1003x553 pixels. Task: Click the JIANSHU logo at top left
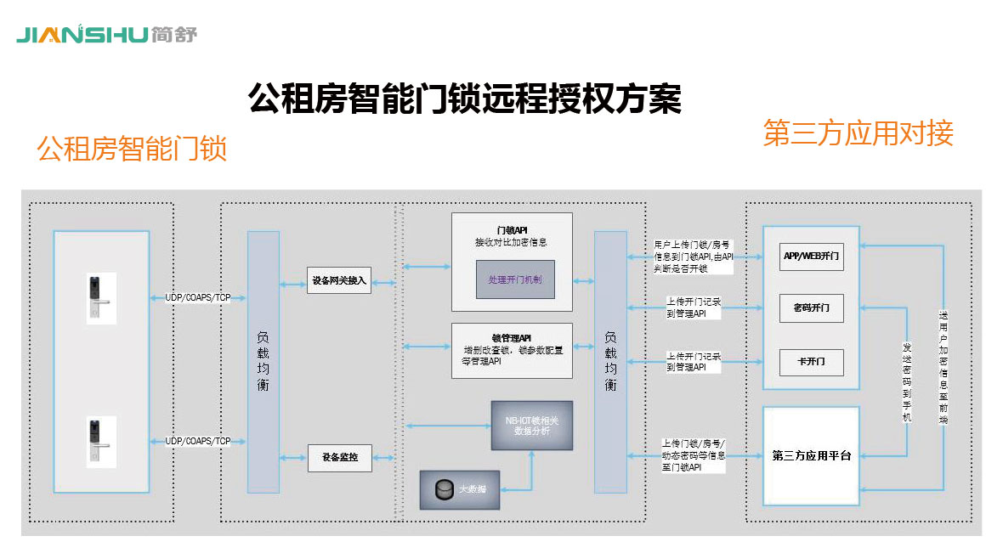click(106, 35)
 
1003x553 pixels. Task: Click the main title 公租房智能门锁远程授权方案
click(464, 99)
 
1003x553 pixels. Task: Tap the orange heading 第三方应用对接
click(858, 133)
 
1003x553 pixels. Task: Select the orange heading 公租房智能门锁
click(132, 150)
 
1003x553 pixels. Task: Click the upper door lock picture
click(101, 296)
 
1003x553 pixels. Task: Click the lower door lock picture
click(101, 441)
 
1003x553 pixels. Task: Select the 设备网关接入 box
click(339, 281)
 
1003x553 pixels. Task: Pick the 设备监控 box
click(339, 458)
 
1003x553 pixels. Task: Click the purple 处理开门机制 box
click(514, 279)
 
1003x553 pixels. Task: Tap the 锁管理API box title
click(512, 337)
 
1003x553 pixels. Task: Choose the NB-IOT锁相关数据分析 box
click(532, 426)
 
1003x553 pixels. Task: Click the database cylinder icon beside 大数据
click(441, 490)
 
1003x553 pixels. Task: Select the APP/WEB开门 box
click(811, 255)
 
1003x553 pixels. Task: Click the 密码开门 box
click(811, 308)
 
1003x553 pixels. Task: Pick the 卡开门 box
click(811, 363)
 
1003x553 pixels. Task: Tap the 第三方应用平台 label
click(811, 456)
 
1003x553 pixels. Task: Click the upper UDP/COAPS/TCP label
click(198, 297)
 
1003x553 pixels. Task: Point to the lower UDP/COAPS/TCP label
click(198, 441)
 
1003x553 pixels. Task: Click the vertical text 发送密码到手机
click(907, 381)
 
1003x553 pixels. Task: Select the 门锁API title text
click(512, 230)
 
